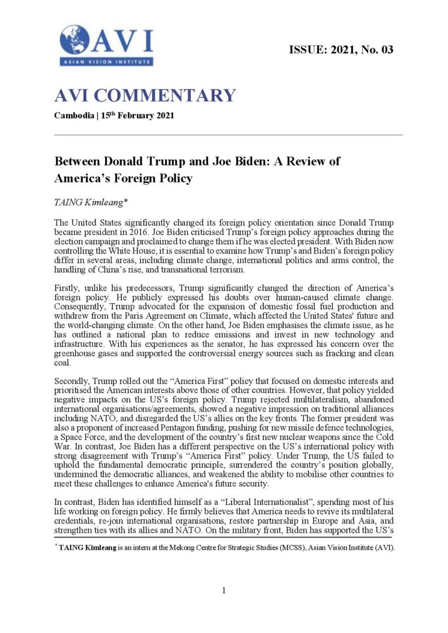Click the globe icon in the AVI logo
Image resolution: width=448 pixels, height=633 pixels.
(x=74, y=40)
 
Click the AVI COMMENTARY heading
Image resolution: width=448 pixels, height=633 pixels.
(x=145, y=96)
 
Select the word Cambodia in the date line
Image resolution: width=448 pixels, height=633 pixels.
(x=73, y=115)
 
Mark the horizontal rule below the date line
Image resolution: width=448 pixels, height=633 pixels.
(x=229, y=135)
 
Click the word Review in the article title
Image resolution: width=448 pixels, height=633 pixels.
(x=307, y=161)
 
